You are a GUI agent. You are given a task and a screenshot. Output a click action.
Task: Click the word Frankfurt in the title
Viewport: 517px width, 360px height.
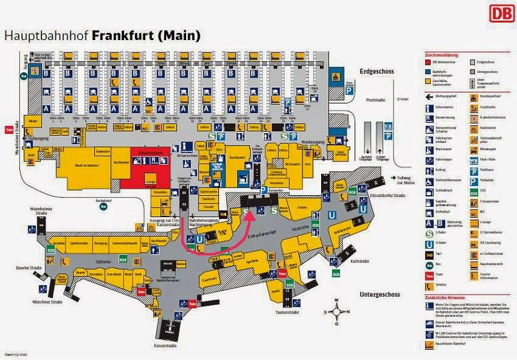coord(123,35)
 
